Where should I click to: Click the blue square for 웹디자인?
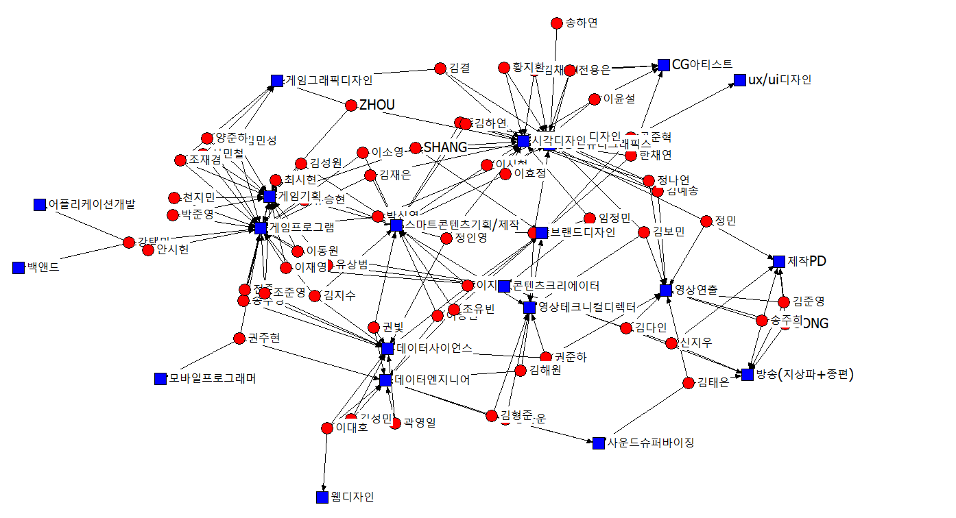click(322, 497)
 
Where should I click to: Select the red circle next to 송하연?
click(557, 23)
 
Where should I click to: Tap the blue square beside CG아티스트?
click(663, 65)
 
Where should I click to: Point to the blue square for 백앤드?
click(19, 268)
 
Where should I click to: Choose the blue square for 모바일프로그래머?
click(161, 378)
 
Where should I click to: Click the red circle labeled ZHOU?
click(351, 105)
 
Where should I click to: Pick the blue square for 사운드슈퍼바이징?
click(599, 443)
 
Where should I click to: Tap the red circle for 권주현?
click(239, 338)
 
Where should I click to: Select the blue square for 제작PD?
click(778, 261)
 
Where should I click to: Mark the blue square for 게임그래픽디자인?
click(277, 81)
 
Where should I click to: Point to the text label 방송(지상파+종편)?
click(805, 374)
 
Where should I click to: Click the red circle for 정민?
click(707, 221)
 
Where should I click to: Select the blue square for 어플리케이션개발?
click(39, 204)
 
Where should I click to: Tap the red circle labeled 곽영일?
click(395, 423)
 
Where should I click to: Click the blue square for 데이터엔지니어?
click(385, 380)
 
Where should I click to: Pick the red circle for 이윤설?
click(595, 99)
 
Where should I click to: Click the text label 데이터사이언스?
click(433, 348)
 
